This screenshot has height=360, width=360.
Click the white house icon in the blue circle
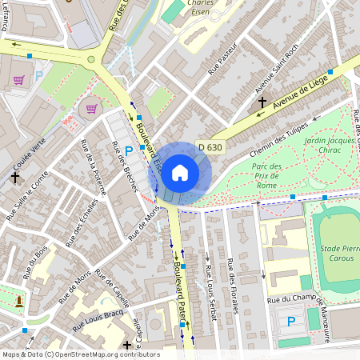tap(180, 172)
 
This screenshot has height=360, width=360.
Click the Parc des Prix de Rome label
tap(266, 176)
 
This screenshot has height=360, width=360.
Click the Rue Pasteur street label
tap(225, 59)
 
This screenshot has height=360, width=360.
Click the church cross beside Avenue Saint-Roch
tap(262, 102)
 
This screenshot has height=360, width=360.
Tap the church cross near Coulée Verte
tap(14, 177)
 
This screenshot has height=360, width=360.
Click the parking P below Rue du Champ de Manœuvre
tap(291, 322)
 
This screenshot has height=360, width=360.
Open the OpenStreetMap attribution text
tap(80, 354)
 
